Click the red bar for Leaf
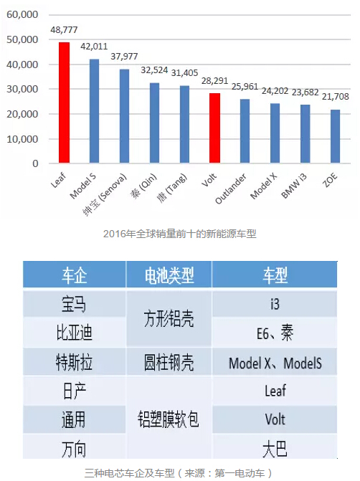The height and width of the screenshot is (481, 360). (64, 103)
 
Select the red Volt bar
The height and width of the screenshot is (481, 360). (215, 128)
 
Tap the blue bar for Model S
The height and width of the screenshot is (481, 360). (94, 111)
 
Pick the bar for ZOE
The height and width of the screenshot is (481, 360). (335, 136)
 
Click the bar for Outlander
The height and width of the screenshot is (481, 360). (245, 131)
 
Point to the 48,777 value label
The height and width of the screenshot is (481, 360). (64, 30)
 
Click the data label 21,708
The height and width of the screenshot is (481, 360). (335, 97)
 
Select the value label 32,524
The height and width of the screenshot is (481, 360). (154, 70)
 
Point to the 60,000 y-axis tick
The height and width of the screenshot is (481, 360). (22, 14)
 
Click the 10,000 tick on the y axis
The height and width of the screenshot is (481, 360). (22, 139)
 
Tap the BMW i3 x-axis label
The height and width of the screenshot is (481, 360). (294, 186)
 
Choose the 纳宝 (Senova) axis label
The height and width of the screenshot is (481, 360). (105, 194)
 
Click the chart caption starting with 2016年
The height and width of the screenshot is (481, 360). (180, 234)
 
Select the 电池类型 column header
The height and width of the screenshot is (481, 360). (169, 275)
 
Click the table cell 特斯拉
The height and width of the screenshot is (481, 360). (75, 362)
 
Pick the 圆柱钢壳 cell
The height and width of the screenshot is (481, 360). (169, 362)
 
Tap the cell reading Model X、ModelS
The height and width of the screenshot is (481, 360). (275, 363)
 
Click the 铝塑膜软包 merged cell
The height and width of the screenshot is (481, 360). (169, 419)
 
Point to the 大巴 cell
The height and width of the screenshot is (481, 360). (275, 449)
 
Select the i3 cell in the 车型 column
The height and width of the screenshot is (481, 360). (275, 304)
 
